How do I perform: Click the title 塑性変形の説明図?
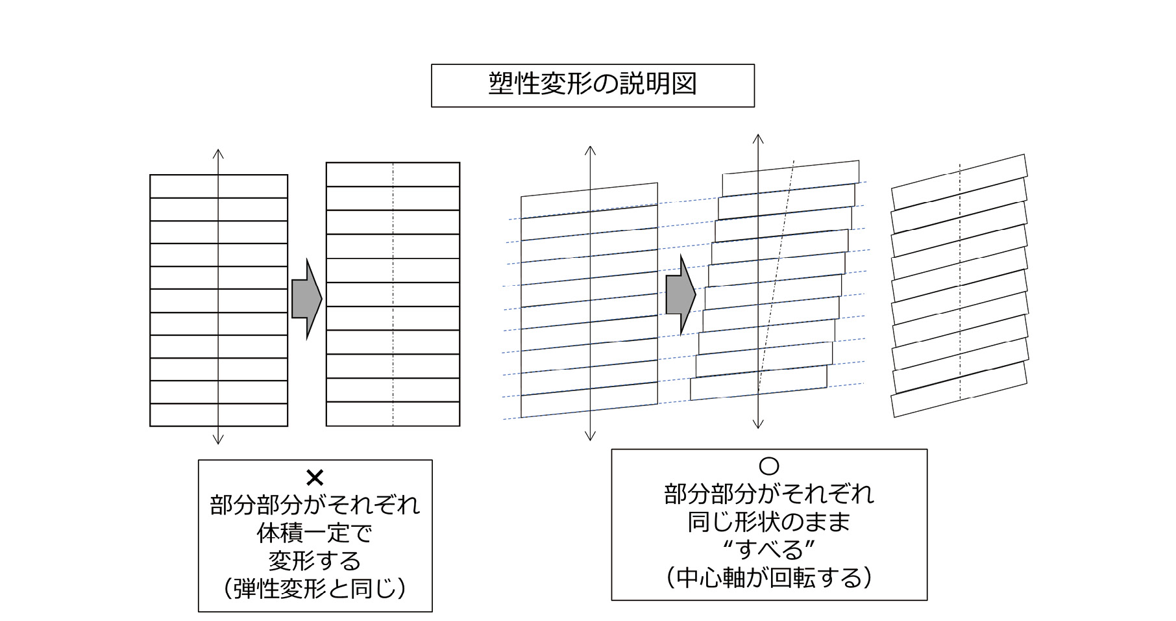pos(592,85)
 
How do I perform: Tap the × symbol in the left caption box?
pos(315,478)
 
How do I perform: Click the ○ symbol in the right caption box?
pos(768,466)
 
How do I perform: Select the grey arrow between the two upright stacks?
pos(306,299)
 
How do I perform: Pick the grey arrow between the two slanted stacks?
pos(680,295)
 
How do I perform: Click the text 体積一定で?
pos(315,533)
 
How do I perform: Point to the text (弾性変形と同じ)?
pos(315,589)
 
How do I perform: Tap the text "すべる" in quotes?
pos(768,550)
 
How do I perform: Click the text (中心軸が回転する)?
pos(768,577)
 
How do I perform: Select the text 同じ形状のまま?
pos(768,522)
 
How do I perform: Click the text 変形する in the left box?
pos(315,561)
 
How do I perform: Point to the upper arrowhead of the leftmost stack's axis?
pos(218,153)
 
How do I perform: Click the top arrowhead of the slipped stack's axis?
pos(757,138)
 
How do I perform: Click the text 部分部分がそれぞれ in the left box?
pos(315,505)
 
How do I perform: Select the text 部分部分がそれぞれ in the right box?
pos(768,494)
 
